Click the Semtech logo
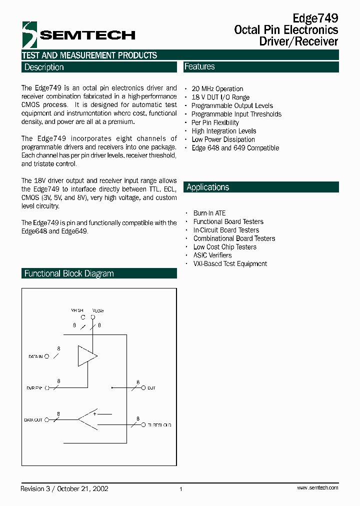[x=78, y=34]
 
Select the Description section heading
[x=44, y=67]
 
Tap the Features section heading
[x=199, y=66]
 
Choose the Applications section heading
[x=207, y=187]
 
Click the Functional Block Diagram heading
[x=69, y=273]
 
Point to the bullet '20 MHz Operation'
[x=217, y=89]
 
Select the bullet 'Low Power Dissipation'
[x=223, y=139]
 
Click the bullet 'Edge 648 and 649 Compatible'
[x=235, y=148]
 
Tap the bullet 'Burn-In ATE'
[x=209, y=213]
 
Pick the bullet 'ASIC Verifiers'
[x=212, y=255]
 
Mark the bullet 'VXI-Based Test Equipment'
[x=230, y=263]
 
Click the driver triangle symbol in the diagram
[x=86, y=356]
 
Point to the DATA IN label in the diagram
[x=35, y=356]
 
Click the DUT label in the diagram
[x=151, y=388]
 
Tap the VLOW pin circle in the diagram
[x=92, y=317]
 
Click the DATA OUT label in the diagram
[x=33, y=420]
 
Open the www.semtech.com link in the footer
[x=317, y=487]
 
